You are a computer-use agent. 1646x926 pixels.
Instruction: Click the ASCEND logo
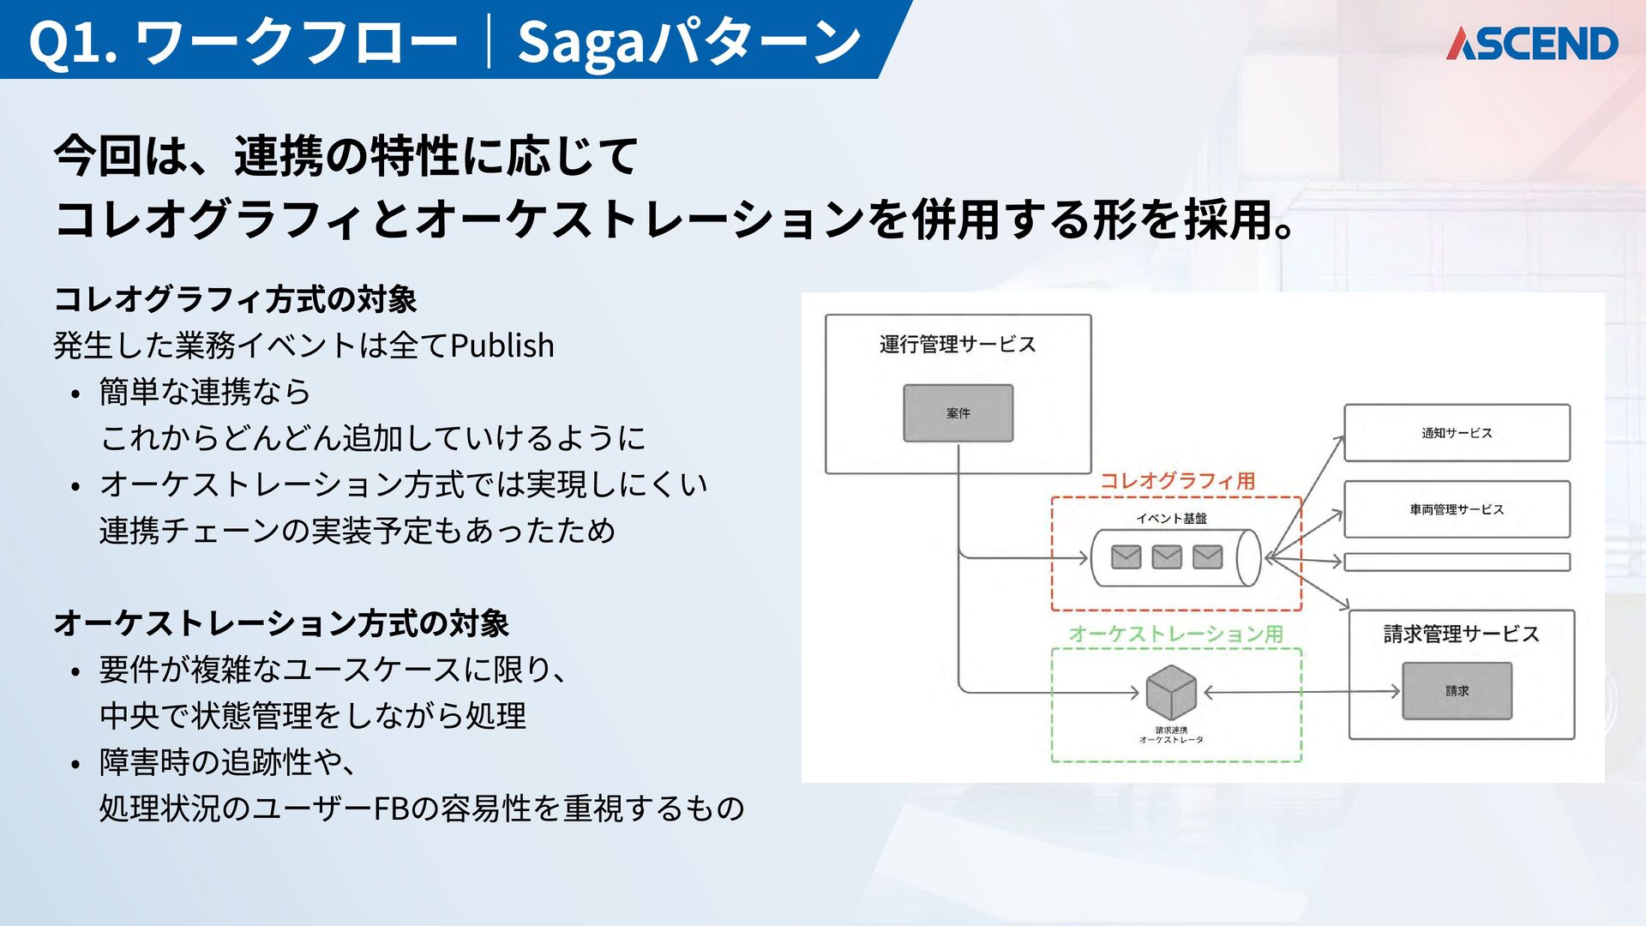1531,44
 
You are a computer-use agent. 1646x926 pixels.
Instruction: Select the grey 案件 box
958,413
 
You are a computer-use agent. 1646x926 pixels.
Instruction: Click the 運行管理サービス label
958,345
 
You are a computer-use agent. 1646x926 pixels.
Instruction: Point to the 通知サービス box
1457,433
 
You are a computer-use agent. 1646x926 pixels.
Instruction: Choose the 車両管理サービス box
1457,509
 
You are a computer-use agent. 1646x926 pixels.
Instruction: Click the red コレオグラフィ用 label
1177,481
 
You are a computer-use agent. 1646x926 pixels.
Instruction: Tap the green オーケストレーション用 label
1175,634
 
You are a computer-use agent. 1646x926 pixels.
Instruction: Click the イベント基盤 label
1171,518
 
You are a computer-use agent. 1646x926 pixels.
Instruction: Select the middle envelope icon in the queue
1167,557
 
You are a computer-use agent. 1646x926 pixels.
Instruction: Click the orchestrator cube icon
1171,692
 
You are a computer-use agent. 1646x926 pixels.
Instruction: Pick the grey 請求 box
1457,691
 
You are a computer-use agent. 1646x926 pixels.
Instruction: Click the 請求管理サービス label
1461,634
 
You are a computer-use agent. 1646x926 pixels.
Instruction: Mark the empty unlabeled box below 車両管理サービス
1457,562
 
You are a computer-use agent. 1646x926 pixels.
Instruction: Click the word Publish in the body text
502,346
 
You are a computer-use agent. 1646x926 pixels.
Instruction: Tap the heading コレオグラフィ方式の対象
235,299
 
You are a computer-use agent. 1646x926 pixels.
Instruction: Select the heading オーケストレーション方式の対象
281,623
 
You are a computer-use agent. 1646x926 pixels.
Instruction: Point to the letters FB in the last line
393,809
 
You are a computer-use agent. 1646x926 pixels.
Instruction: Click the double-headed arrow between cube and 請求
1301,691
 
